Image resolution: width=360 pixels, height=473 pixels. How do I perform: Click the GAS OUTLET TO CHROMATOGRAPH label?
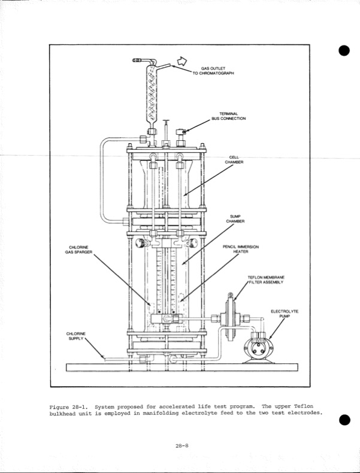(x=213, y=71)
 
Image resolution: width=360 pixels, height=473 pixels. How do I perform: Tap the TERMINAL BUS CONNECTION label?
(x=228, y=116)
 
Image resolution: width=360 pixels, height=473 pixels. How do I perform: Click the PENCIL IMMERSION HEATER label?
(x=240, y=249)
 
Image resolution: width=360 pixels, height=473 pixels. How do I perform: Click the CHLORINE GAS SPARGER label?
(x=78, y=249)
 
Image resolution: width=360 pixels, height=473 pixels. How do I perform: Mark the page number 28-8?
(x=182, y=445)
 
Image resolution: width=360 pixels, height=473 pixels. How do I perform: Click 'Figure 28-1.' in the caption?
(x=69, y=406)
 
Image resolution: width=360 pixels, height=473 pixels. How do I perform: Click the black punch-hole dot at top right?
(x=344, y=50)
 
